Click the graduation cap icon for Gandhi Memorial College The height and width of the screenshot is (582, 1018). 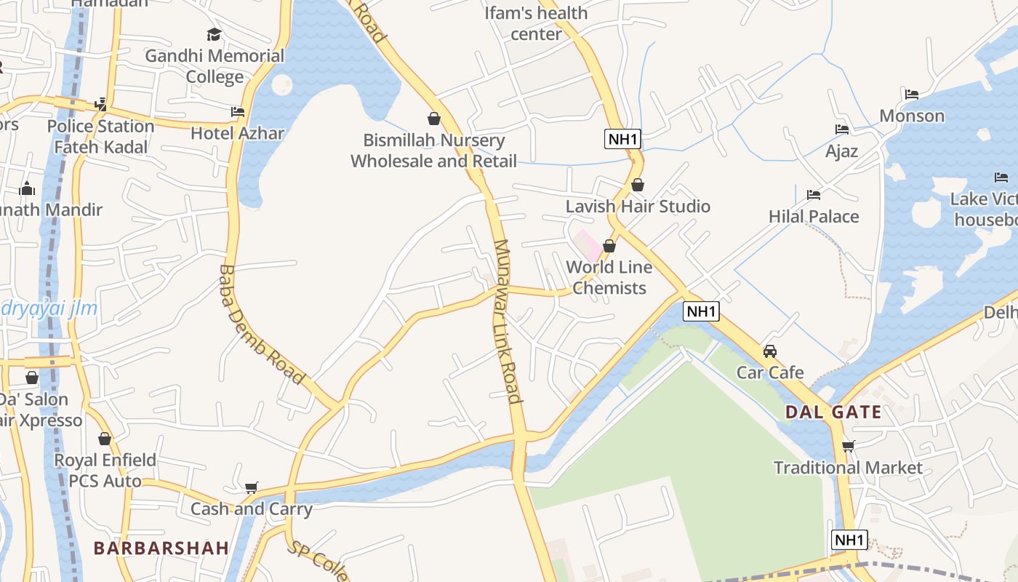(214, 34)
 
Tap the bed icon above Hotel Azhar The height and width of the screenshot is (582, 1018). (238, 112)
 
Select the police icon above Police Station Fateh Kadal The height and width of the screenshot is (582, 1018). (100, 105)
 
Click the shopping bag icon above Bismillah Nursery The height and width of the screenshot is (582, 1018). (434, 119)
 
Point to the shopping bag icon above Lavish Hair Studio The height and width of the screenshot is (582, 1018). (638, 185)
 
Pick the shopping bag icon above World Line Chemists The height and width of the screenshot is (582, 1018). (609, 246)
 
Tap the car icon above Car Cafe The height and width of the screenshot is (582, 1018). (769, 351)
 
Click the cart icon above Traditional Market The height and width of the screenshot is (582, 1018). (848, 446)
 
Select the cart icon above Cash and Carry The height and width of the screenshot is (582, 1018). (252, 487)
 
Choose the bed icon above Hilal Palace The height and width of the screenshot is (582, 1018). (814, 195)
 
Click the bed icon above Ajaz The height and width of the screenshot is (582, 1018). (842, 129)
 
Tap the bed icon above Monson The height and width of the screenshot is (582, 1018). (912, 95)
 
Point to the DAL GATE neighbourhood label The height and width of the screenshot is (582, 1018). (833, 412)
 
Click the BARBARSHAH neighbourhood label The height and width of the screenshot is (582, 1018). (161, 548)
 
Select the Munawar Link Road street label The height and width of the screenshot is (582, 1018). (507, 320)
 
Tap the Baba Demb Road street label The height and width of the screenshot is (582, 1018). (260, 324)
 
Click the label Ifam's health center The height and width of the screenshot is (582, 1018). (536, 23)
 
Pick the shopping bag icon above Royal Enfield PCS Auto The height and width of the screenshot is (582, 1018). (105, 439)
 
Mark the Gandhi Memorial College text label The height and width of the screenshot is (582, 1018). (215, 66)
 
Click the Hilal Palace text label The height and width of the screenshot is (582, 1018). (814, 216)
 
